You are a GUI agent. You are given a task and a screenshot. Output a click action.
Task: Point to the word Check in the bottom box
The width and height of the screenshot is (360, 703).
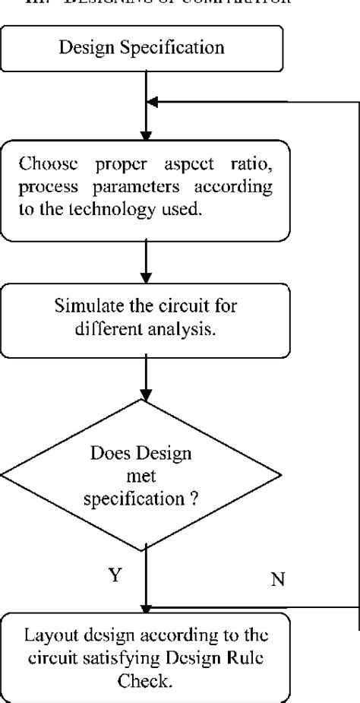tap(144, 682)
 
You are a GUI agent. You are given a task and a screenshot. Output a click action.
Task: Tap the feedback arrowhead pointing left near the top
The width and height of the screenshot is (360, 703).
tap(153, 102)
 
